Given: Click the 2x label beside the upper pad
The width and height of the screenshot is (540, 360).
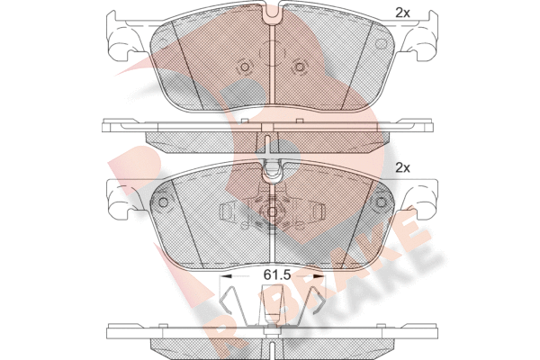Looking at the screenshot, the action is pos(402,13).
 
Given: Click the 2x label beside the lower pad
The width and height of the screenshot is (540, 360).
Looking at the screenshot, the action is pos(402,167).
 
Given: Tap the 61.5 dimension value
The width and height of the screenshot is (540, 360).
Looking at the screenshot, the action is pos(277,274).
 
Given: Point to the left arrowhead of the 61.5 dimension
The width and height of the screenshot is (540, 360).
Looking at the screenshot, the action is pos(226,275).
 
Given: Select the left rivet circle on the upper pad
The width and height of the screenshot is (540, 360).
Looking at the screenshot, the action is pos(245,67).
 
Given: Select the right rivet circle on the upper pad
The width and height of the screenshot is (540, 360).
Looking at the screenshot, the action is pos(300,67).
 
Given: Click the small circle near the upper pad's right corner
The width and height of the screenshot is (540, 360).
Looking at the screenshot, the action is pos(380,44).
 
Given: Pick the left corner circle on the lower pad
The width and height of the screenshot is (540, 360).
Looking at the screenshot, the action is pos(163,202).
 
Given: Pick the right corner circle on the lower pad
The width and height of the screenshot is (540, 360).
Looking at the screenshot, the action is pos(381,202).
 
